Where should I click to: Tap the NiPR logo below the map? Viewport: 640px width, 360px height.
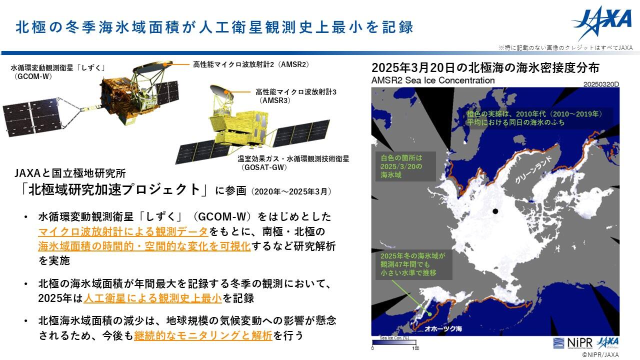[x=572, y=343]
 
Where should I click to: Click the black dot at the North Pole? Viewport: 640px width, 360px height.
[x=495, y=211]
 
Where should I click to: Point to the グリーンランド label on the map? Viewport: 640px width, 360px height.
[x=533, y=170]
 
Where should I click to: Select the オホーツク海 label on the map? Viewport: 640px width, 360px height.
[x=443, y=329]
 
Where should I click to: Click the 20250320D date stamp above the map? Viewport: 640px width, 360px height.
[x=601, y=84]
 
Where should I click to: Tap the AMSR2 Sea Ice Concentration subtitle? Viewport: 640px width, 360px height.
[x=433, y=80]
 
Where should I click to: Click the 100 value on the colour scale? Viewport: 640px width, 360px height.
[x=415, y=348]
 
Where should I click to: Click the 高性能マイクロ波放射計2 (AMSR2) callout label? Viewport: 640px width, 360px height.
[x=251, y=64]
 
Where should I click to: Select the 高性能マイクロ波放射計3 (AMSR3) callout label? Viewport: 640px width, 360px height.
[x=296, y=96]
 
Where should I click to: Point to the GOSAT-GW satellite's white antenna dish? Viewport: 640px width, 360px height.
[x=221, y=90]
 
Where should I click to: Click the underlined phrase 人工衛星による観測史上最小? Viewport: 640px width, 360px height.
[x=153, y=298]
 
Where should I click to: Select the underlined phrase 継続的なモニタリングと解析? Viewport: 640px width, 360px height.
[x=203, y=335]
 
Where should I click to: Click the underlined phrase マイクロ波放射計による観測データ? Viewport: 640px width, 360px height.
[x=123, y=231]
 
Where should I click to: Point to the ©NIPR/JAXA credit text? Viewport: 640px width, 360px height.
[x=600, y=355]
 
